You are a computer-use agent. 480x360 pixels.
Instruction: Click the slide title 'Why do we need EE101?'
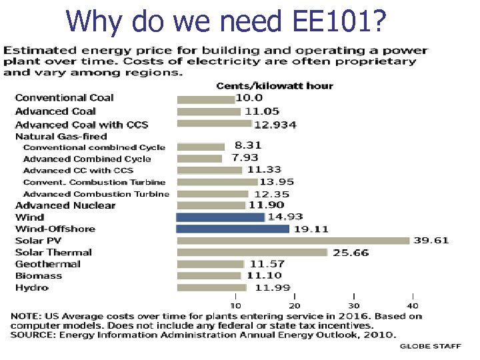226,21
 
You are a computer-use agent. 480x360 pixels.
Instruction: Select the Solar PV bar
293,241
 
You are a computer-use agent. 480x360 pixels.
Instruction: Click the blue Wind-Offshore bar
233,229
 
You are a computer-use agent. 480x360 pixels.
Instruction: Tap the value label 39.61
431,241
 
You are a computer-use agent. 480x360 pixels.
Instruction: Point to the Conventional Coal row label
64,98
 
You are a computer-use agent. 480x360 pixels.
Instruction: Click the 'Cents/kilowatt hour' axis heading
275,85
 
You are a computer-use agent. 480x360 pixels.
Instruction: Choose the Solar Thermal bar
252,252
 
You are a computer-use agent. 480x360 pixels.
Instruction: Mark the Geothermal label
47,264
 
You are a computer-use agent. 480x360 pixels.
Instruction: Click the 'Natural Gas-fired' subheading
61,136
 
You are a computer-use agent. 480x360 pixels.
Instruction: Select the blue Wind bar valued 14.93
220,217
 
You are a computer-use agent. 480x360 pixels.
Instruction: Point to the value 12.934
275,124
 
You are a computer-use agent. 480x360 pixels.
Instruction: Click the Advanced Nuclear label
65,205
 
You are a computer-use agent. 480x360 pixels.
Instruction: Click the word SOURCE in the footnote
32,335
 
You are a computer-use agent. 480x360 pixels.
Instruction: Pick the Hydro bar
211,287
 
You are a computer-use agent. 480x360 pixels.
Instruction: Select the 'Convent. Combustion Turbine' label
94,182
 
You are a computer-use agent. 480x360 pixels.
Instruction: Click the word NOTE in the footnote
24,316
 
